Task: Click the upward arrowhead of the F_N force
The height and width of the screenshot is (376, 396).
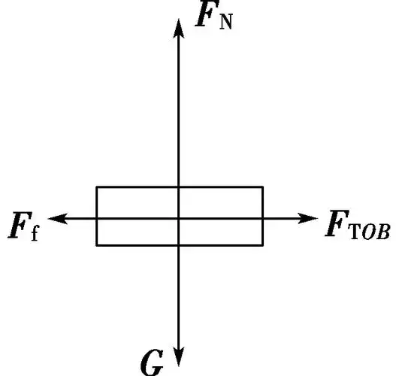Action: point(178,26)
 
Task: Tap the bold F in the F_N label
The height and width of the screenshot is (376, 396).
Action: point(204,16)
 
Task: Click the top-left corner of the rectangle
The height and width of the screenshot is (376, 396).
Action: point(96,186)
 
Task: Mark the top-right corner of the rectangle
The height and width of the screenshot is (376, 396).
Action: point(263,186)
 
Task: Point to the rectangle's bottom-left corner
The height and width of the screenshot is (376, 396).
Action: point(96,245)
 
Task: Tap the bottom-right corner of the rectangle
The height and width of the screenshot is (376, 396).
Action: point(263,245)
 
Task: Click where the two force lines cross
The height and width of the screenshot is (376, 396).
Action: point(178,218)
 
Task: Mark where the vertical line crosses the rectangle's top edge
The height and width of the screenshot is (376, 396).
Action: point(178,186)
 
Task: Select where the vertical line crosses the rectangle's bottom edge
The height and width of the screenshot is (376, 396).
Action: point(178,245)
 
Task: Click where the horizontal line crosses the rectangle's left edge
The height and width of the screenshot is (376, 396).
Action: point(96,218)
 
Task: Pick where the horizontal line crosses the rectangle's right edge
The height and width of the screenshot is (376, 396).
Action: point(263,218)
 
